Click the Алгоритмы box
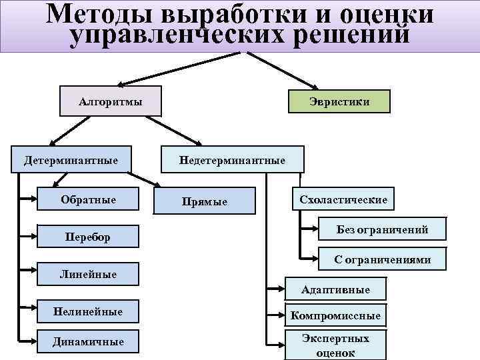[x=110, y=101]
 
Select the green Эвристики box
[x=339, y=101]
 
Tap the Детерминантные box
[x=71, y=161]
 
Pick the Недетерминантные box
[x=231, y=161]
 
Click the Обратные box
[x=88, y=200]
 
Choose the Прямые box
[x=205, y=201]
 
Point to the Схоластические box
[x=343, y=200]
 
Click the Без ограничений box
[x=382, y=231]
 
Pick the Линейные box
[x=88, y=274]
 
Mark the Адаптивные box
[x=335, y=289]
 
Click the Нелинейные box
[x=88, y=311]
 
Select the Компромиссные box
[x=336, y=315]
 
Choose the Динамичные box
[x=88, y=341]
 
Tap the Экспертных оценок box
[x=336, y=345]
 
